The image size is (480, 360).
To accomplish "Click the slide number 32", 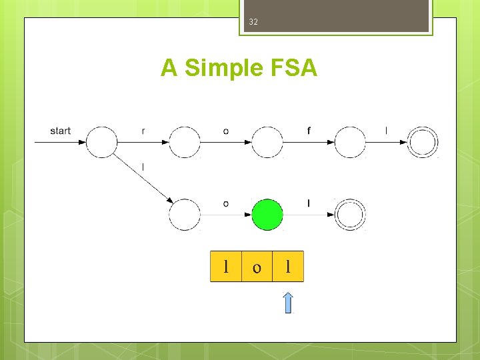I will [253, 22].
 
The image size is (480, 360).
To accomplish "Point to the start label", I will [60, 131].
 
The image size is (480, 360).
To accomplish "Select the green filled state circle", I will [267, 215].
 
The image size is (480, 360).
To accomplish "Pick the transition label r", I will [143, 131].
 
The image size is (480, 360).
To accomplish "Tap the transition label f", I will [309, 131].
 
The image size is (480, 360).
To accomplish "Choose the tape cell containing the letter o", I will [257, 267].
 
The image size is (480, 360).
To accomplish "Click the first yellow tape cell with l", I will [226, 267].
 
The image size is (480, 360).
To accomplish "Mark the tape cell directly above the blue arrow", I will [288, 267].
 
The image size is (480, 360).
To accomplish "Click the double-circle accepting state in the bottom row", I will [350, 215].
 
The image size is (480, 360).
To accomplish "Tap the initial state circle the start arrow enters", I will [102, 142].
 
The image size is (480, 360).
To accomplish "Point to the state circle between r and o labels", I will [185, 142].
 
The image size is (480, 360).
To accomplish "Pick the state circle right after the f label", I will [350, 142].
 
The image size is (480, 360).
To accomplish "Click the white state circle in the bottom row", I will [185, 215].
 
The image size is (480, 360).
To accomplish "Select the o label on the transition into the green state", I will [226, 203].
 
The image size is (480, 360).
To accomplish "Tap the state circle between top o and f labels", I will [267, 142].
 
